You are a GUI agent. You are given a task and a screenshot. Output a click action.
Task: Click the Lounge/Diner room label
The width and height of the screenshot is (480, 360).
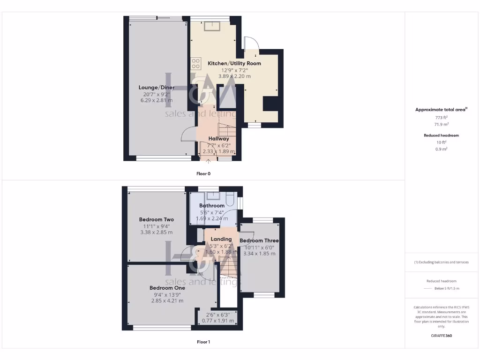(157, 87)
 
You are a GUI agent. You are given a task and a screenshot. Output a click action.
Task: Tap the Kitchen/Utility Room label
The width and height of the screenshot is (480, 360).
(234, 63)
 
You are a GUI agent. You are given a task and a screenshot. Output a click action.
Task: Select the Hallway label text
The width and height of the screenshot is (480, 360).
(219, 138)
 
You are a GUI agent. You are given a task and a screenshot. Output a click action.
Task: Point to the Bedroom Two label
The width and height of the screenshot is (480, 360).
(157, 219)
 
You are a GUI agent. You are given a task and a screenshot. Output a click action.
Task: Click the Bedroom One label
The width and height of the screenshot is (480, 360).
(167, 288)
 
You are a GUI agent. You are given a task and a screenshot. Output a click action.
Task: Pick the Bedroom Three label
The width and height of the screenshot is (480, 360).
(259, 241)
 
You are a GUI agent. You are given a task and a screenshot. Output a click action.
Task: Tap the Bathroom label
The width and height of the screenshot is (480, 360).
(212, 205)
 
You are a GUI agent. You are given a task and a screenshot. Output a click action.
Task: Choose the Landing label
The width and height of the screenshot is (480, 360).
(215, 239)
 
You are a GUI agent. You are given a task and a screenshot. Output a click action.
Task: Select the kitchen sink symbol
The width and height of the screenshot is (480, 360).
(210, 26)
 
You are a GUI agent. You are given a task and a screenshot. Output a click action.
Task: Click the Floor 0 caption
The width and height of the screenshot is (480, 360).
(203, 173)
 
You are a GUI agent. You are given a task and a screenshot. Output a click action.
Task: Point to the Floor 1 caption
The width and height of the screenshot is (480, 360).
(203, 342)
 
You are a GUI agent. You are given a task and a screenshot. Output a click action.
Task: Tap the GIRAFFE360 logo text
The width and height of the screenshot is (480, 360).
(441, 336)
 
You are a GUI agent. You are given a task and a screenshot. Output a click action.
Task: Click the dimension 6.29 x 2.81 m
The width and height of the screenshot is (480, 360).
(157, 100)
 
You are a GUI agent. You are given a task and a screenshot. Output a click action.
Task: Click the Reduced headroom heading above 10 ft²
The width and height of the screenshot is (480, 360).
(441, 135)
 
